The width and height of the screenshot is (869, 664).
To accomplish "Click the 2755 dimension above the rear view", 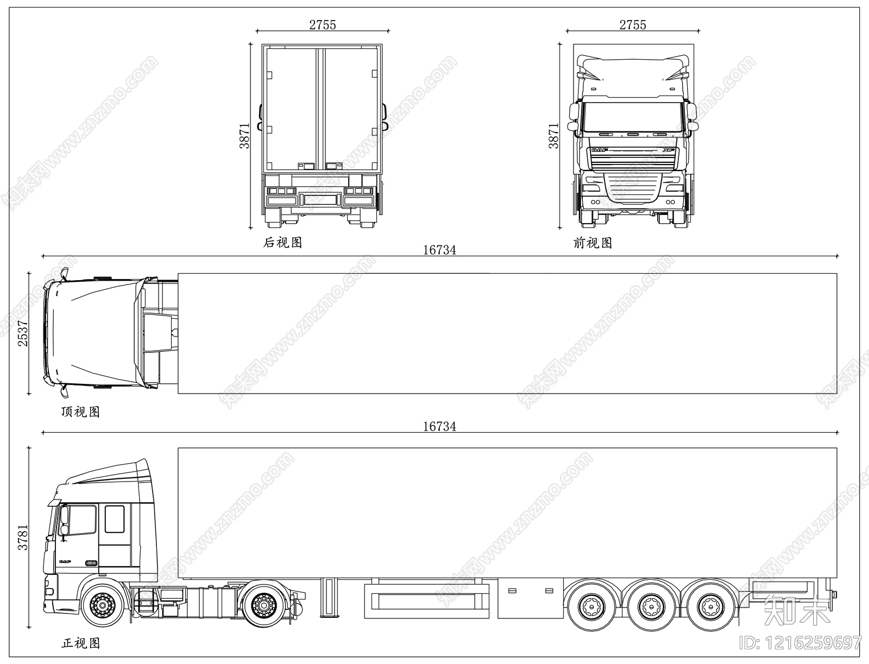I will (323, 25).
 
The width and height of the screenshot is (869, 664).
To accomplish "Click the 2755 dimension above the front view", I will (633, 25).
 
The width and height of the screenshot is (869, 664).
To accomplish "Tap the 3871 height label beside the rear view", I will (245, 136).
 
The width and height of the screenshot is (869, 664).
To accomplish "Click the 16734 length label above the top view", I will (439, 250).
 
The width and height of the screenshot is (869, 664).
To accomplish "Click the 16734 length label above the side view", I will (439, 427).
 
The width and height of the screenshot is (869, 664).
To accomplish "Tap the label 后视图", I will (282, 243).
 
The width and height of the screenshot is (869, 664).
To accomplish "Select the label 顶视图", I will (80, 412).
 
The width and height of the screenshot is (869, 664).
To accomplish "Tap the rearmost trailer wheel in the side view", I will (707, 604).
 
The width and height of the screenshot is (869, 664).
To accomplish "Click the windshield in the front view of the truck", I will (633, 117).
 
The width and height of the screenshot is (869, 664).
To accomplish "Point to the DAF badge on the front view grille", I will (600, 150).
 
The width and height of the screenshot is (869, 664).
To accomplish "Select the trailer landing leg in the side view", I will (328, 597).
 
